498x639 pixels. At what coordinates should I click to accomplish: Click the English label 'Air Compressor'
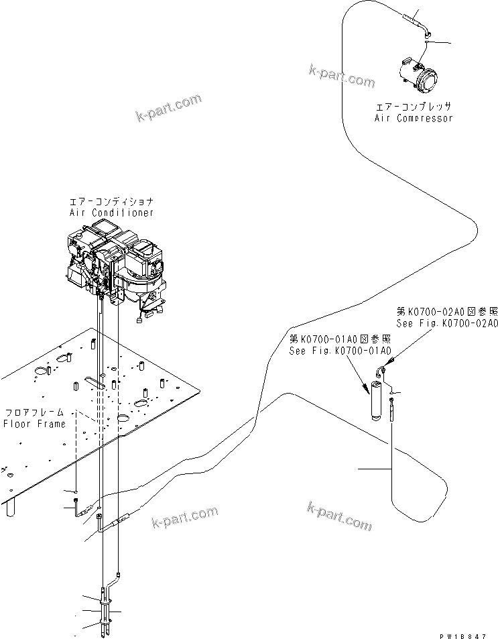413,118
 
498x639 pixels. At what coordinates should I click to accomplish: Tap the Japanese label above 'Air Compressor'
413,107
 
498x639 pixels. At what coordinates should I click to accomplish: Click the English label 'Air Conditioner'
111,213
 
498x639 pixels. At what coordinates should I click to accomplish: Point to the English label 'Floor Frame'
34,424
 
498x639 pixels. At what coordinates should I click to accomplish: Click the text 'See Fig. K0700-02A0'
447,323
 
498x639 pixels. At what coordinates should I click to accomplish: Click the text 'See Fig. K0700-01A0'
340,350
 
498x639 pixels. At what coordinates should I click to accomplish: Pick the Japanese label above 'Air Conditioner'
111,201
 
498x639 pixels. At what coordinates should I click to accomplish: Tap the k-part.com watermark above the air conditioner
168,107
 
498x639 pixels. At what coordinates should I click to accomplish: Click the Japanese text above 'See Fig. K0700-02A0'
447,311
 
